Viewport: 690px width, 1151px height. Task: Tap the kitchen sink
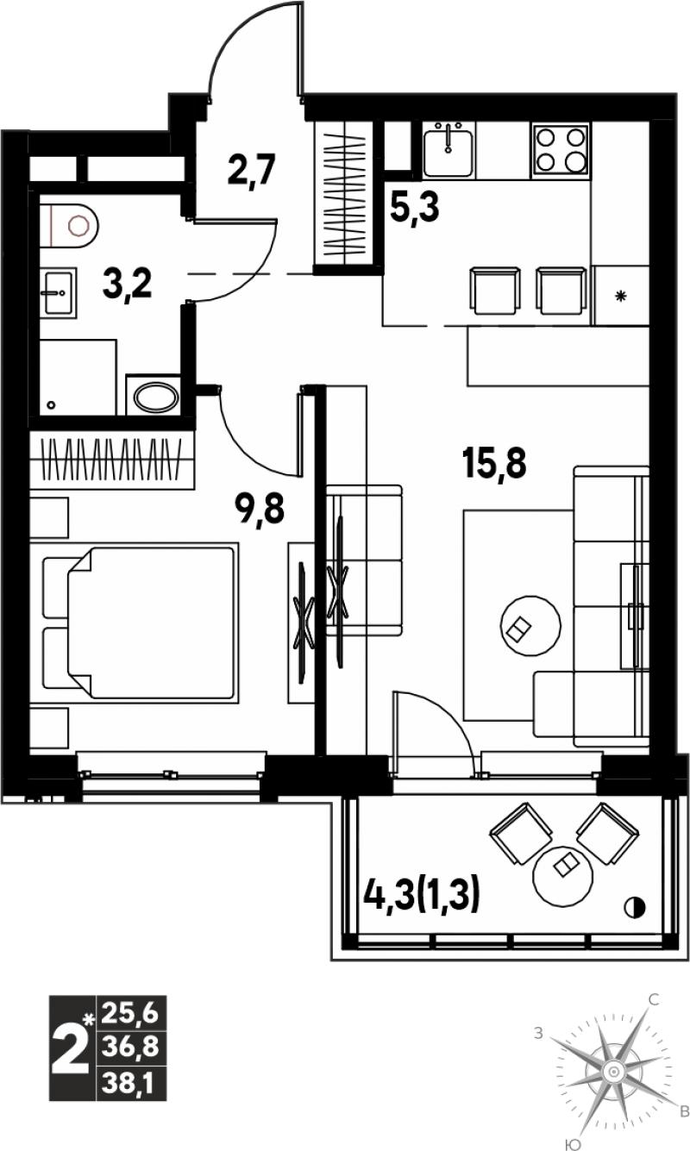[448, 150]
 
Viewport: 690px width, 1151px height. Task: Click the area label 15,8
[494, 462]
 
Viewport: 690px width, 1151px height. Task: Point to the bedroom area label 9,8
[259, 508]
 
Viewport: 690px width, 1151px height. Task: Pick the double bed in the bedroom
[141, 623]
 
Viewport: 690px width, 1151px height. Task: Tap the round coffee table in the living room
[530, 625]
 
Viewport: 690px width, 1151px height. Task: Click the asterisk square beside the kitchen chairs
[621, 296]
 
